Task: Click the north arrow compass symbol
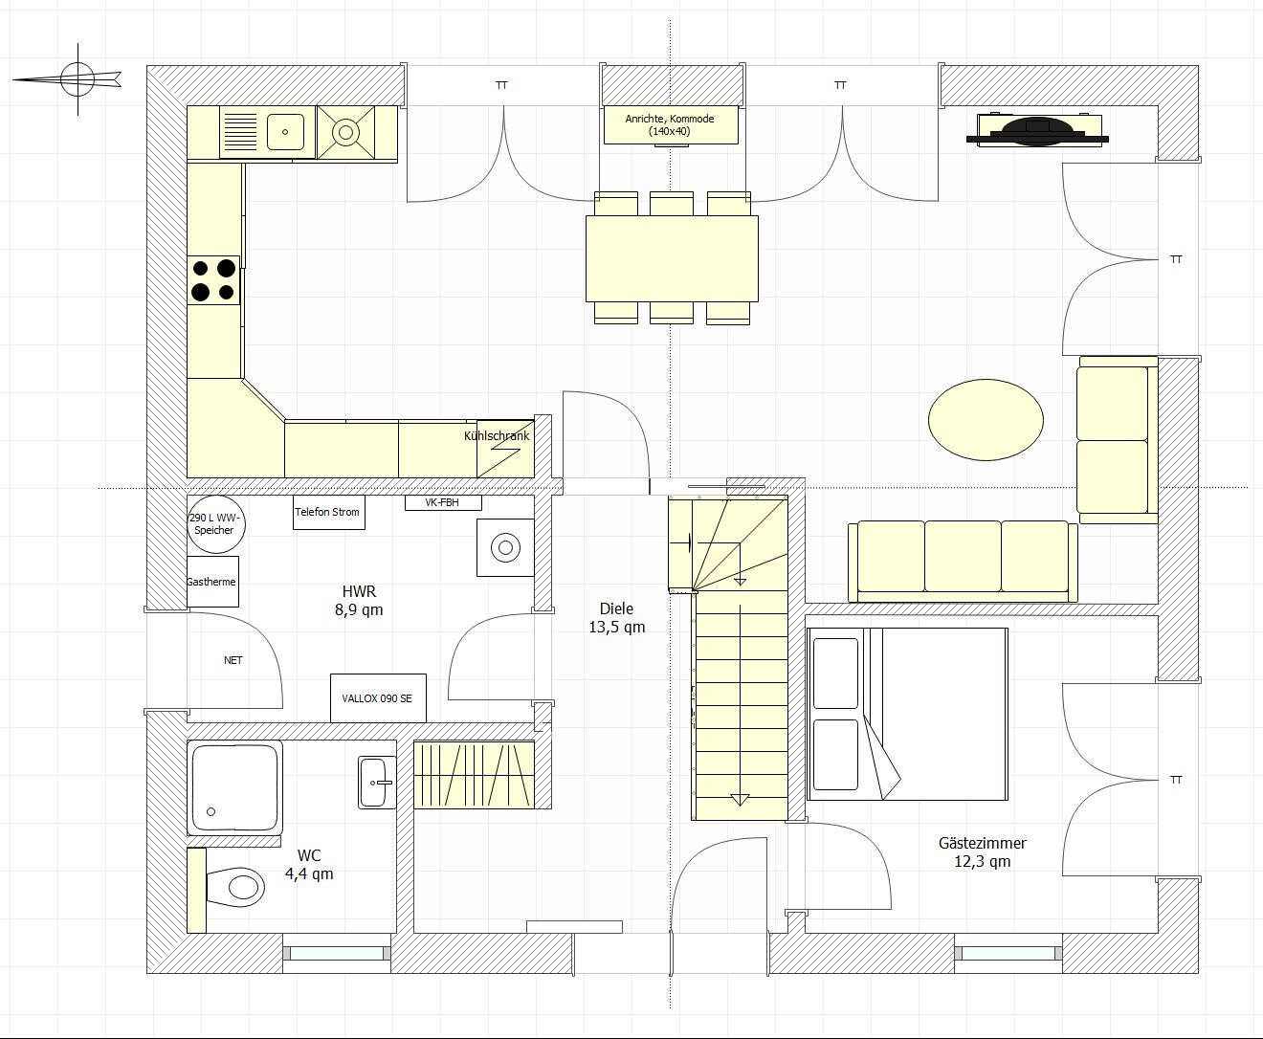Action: coord(78,78)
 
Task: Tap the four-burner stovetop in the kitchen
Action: coord(213,280)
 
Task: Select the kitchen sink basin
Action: coord(285,132)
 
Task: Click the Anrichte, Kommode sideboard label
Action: coord(670,124)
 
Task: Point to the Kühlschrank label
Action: coord(497,436)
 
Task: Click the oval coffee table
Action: coord(986,420)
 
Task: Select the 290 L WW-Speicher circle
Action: coord(215,524)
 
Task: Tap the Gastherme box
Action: coord(212,582)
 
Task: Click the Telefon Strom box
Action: coord(329,512)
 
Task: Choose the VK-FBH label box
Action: coord(443,502)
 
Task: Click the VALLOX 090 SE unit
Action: coord(379,698)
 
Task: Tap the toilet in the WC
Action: coord(235,887)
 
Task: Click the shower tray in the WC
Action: coord(234,787)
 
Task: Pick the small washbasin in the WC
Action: coord(377,782)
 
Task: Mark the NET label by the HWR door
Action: coord(233,660)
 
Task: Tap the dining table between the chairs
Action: coord(672,258)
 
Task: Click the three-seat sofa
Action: coord(963,562)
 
